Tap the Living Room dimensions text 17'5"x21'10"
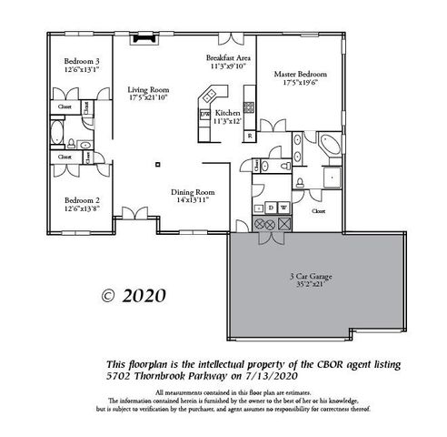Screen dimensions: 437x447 (148, 97)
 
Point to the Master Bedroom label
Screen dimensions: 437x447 (300, 73)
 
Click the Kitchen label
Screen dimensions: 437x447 (227, 113)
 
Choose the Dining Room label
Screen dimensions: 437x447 (193, 191)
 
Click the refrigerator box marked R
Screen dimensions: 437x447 (250, 136)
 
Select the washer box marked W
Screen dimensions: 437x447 (284, 208)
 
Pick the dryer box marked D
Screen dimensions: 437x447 (271, 208)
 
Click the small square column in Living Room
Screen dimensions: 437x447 (158, 165)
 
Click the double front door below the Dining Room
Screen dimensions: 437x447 (135, 216)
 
